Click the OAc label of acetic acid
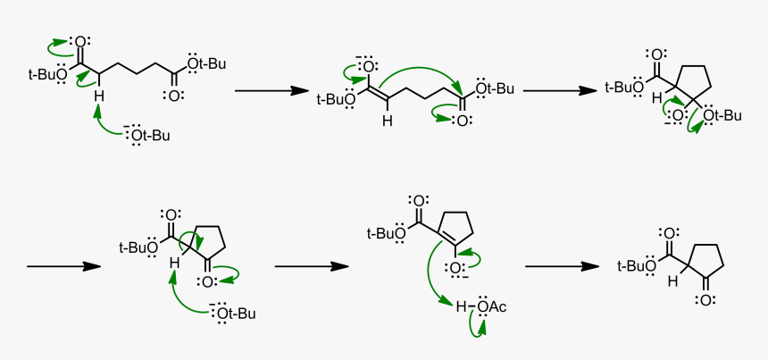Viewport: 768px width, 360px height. [x=492, y=307]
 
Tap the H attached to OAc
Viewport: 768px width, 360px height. [x=461, y=307]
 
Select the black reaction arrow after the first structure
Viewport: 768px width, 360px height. [x=271, y=90]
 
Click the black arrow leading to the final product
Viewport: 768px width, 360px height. [x=562, y=266]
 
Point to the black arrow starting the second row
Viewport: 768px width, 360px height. [x=63, y=266]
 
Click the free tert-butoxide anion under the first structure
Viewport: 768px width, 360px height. [x=147, y=135]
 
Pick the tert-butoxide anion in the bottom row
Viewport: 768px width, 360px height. [x=233, y=314]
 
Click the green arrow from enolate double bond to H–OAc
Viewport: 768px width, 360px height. [x=430, y=279]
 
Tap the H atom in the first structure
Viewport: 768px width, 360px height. [x=99, y=95]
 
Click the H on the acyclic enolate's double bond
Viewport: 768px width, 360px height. [x=387, y=121]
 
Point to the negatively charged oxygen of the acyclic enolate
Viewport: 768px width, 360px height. [x=367, y=65]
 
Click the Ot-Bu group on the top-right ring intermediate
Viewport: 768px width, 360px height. [x=722, y=115]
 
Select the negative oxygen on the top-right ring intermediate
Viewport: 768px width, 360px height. [x=677, y=116]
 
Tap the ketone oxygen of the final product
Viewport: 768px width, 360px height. [x=705, y=301]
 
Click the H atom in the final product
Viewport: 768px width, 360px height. [x=674, y=281]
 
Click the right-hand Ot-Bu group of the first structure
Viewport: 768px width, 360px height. [x=206, y=63]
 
